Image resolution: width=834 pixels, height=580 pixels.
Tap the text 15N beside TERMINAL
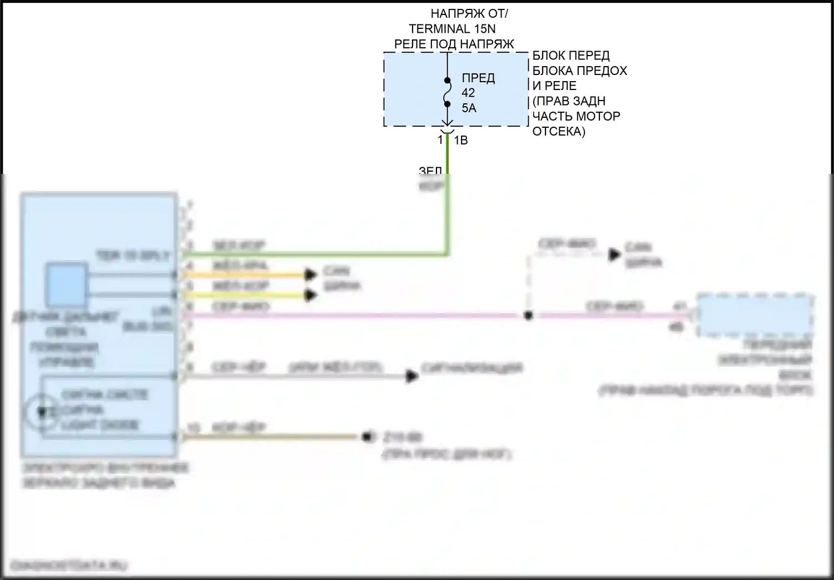[485, 29]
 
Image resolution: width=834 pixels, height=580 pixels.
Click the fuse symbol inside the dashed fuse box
[447, 92]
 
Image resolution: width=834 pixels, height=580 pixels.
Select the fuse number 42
[468, 93]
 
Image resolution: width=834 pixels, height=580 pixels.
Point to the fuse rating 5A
[469, 108]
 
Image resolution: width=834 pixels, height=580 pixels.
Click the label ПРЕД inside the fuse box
[478, 78]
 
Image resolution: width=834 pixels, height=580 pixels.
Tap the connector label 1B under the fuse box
[461, 141]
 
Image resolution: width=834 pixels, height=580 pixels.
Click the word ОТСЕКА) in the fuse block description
[559, 132]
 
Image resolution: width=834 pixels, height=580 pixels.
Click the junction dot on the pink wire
[528, 316]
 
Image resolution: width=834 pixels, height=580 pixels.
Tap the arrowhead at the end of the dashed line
[614, 254]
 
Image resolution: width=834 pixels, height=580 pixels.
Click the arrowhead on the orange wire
[310, 274]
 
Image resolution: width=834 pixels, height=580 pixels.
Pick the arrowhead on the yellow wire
[310, 295]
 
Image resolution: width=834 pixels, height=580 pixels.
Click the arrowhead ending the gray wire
[411, 376]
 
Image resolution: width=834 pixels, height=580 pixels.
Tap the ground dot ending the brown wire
[367, 437]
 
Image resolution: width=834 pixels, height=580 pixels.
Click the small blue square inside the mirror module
[66, 284]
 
